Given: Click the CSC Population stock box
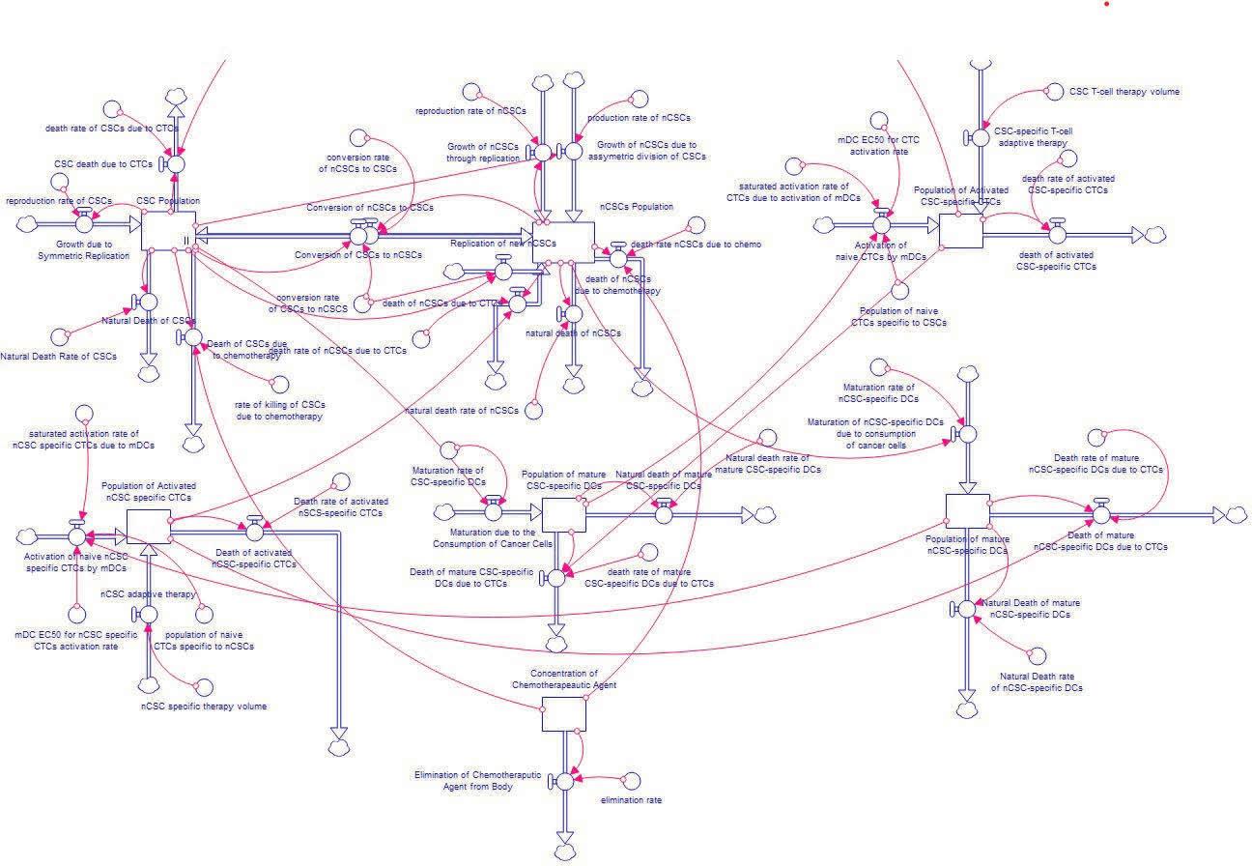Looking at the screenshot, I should coord(169,231).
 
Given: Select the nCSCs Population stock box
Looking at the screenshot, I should coord(563,241).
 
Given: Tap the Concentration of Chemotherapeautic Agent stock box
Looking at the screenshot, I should coord(563,714).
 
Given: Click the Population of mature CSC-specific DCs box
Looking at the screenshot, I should coord(564,514).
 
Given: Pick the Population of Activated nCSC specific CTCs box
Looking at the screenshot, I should coord(148,528).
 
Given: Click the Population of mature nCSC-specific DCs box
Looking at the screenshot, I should coord(967,511).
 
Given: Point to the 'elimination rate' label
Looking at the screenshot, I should coord(631,800).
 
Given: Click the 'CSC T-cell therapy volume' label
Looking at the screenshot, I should coord(1124,92).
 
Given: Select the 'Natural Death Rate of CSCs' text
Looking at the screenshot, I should coord(59,357).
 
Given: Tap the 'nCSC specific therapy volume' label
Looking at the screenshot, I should coord(204,707).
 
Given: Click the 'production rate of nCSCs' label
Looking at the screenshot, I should coord(640,118).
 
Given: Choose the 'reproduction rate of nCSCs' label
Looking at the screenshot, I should coord(470,111).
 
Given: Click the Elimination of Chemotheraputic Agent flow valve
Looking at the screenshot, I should coord(564,781).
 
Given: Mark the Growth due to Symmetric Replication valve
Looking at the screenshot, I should coord(83,223).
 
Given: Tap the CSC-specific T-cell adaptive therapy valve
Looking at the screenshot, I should coord(981,136).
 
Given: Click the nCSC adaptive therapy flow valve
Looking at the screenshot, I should coord(148,614).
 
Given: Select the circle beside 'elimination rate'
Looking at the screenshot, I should coord(632,780).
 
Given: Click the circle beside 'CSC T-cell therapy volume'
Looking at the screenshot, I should coord(1051,93).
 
